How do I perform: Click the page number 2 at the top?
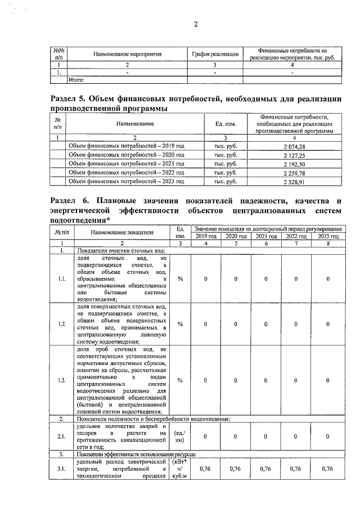point(196,24)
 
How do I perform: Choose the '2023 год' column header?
point(328,237)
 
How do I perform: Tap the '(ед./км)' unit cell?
point(180,436)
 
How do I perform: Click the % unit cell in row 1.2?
point(180,324)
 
